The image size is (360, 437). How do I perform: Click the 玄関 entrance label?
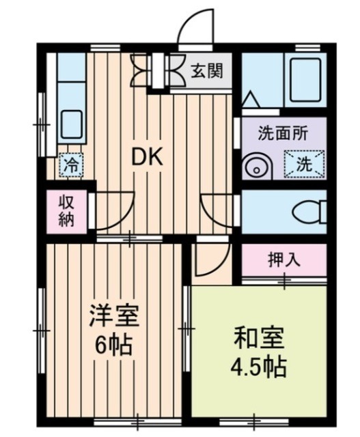point(206,70)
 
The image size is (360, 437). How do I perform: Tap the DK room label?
point(146,158)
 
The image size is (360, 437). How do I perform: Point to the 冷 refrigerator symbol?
point(70,164)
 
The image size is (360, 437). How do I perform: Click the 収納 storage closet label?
point(67,211)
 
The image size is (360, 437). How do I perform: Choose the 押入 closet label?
point(282,259)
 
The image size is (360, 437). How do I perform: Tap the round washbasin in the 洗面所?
point(257,167)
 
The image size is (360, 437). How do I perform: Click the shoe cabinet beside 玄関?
point(156,70)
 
